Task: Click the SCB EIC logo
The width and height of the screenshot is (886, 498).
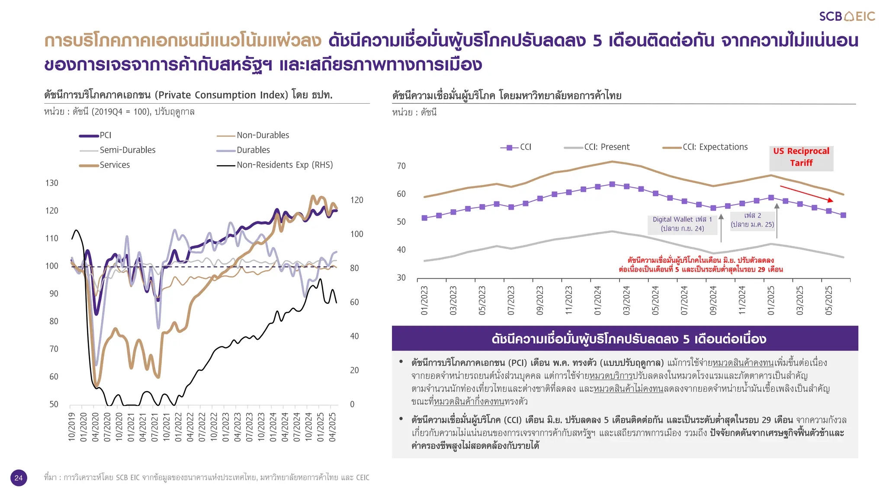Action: tap(847, 16)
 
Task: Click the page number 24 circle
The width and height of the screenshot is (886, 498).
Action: tap(19, 478)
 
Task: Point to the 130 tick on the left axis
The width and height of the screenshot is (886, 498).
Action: tap(51, 183)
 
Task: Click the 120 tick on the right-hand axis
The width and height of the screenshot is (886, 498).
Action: tap(356, 200)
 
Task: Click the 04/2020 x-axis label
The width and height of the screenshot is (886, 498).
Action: tap(96, 427)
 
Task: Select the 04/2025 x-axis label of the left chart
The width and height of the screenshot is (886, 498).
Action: tap(332, 427)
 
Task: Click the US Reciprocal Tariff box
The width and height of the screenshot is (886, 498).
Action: tap(801, 157)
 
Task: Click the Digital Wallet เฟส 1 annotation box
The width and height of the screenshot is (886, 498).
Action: tap(682, 224)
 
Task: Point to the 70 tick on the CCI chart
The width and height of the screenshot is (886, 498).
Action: tap(401, 166)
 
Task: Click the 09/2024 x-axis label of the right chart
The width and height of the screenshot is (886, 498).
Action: tap(713, 300)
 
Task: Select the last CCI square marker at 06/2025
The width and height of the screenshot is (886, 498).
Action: tap(843, 215)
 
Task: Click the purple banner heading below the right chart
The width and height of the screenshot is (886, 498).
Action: tap(625, 338)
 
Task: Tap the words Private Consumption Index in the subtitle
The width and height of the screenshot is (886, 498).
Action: tap(221, 95)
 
